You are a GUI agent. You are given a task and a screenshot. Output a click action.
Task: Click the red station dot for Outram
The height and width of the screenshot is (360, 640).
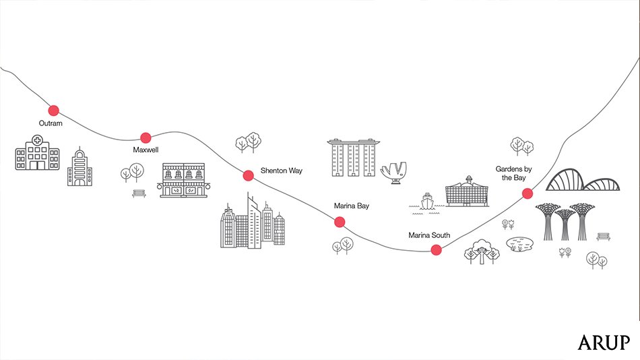coord(53,110)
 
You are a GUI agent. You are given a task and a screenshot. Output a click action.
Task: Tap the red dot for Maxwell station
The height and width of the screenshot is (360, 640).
coord(146,136)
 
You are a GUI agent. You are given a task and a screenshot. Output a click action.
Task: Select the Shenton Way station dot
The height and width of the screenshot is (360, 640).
coord(248,175)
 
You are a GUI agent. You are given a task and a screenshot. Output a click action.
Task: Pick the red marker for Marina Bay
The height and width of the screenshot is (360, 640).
coord(340,222)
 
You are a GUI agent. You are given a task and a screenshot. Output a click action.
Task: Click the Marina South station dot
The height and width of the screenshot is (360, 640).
coord(436,249)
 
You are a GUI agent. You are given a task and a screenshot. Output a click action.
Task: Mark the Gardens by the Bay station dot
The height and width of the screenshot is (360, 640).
coord(527,194)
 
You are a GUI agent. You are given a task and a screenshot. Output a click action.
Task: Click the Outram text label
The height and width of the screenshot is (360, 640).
coord(51,123)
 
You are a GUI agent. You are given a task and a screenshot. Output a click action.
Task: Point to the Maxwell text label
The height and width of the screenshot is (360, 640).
coord(146,149)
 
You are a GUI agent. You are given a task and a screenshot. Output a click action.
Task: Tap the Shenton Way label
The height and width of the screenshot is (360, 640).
coord(282,171)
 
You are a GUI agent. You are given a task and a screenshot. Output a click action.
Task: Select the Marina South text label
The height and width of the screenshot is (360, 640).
coord(428,235)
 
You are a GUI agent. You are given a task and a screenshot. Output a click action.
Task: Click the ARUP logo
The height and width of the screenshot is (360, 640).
coord(604,342)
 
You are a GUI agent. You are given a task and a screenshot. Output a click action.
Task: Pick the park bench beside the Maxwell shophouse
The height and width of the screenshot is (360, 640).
coord(139,193)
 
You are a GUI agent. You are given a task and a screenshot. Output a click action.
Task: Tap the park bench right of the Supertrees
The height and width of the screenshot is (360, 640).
coord(604,235)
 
